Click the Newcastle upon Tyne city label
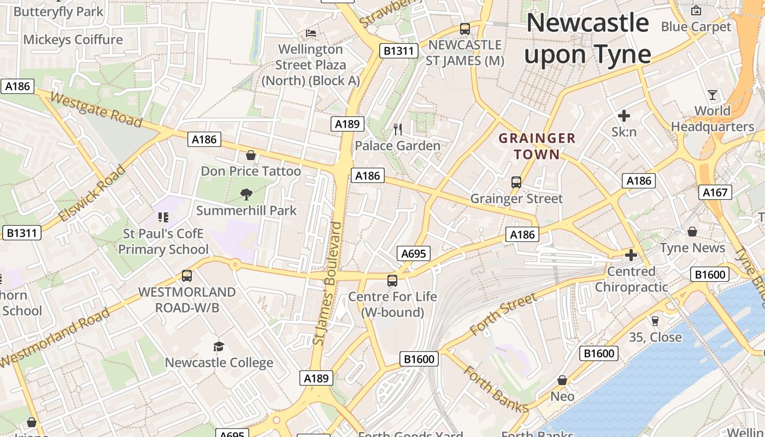(x=587, y=39)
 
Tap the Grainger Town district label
(x=537, y=146)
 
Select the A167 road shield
(x=715, y=192)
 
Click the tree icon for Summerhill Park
(x=246, y=194)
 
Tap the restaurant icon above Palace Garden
(x=398, y=129)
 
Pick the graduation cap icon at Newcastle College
(x=219, y=346)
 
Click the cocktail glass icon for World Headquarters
(x=712, y=95)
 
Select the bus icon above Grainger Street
(x=516, y=182)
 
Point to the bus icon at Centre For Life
(x=392, y=281)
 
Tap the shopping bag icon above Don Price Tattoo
(x=251, y=156)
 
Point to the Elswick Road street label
(x=91, y=193)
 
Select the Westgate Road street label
(x=96, y=109)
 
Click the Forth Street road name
(x=503, y=314)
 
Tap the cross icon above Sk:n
(x=623, y=116)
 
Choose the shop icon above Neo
(x=562, y=380)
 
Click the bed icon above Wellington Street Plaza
(x=311, y=33)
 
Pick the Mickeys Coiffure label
(x=73, y=40)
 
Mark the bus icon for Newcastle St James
(x=464, y=29)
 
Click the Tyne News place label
(x=692, y=248)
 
